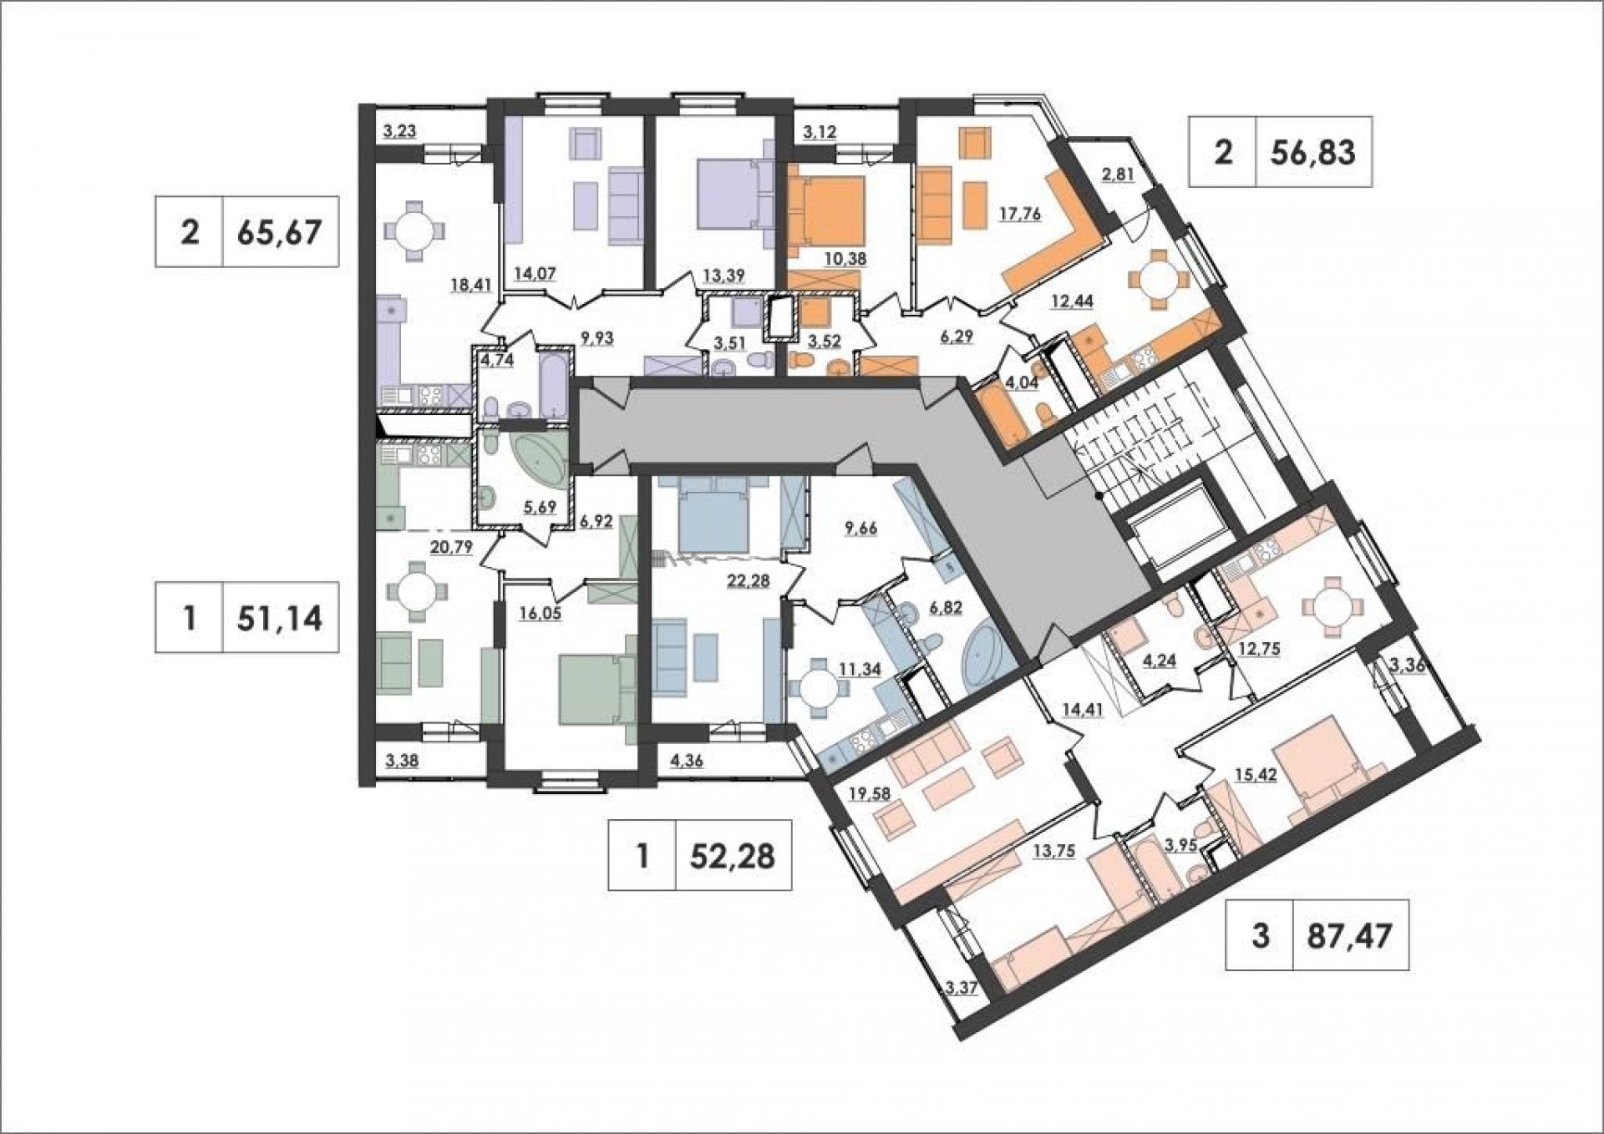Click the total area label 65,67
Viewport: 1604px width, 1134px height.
pos(279,232)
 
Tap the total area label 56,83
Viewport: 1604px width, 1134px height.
pos(1313,152)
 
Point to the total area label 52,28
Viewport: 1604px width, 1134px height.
pos(733,856)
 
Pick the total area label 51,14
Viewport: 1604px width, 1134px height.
pos(280,618)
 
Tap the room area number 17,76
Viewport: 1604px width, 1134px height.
pos(1019,214)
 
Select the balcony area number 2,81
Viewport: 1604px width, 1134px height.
pos(1118,175)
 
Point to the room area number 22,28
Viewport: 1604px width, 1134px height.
pos(749,581)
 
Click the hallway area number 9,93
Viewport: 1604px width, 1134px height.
pos(596,338)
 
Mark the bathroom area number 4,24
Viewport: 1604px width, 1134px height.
pos(1159,659)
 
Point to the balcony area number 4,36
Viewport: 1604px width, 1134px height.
pos(688,761)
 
